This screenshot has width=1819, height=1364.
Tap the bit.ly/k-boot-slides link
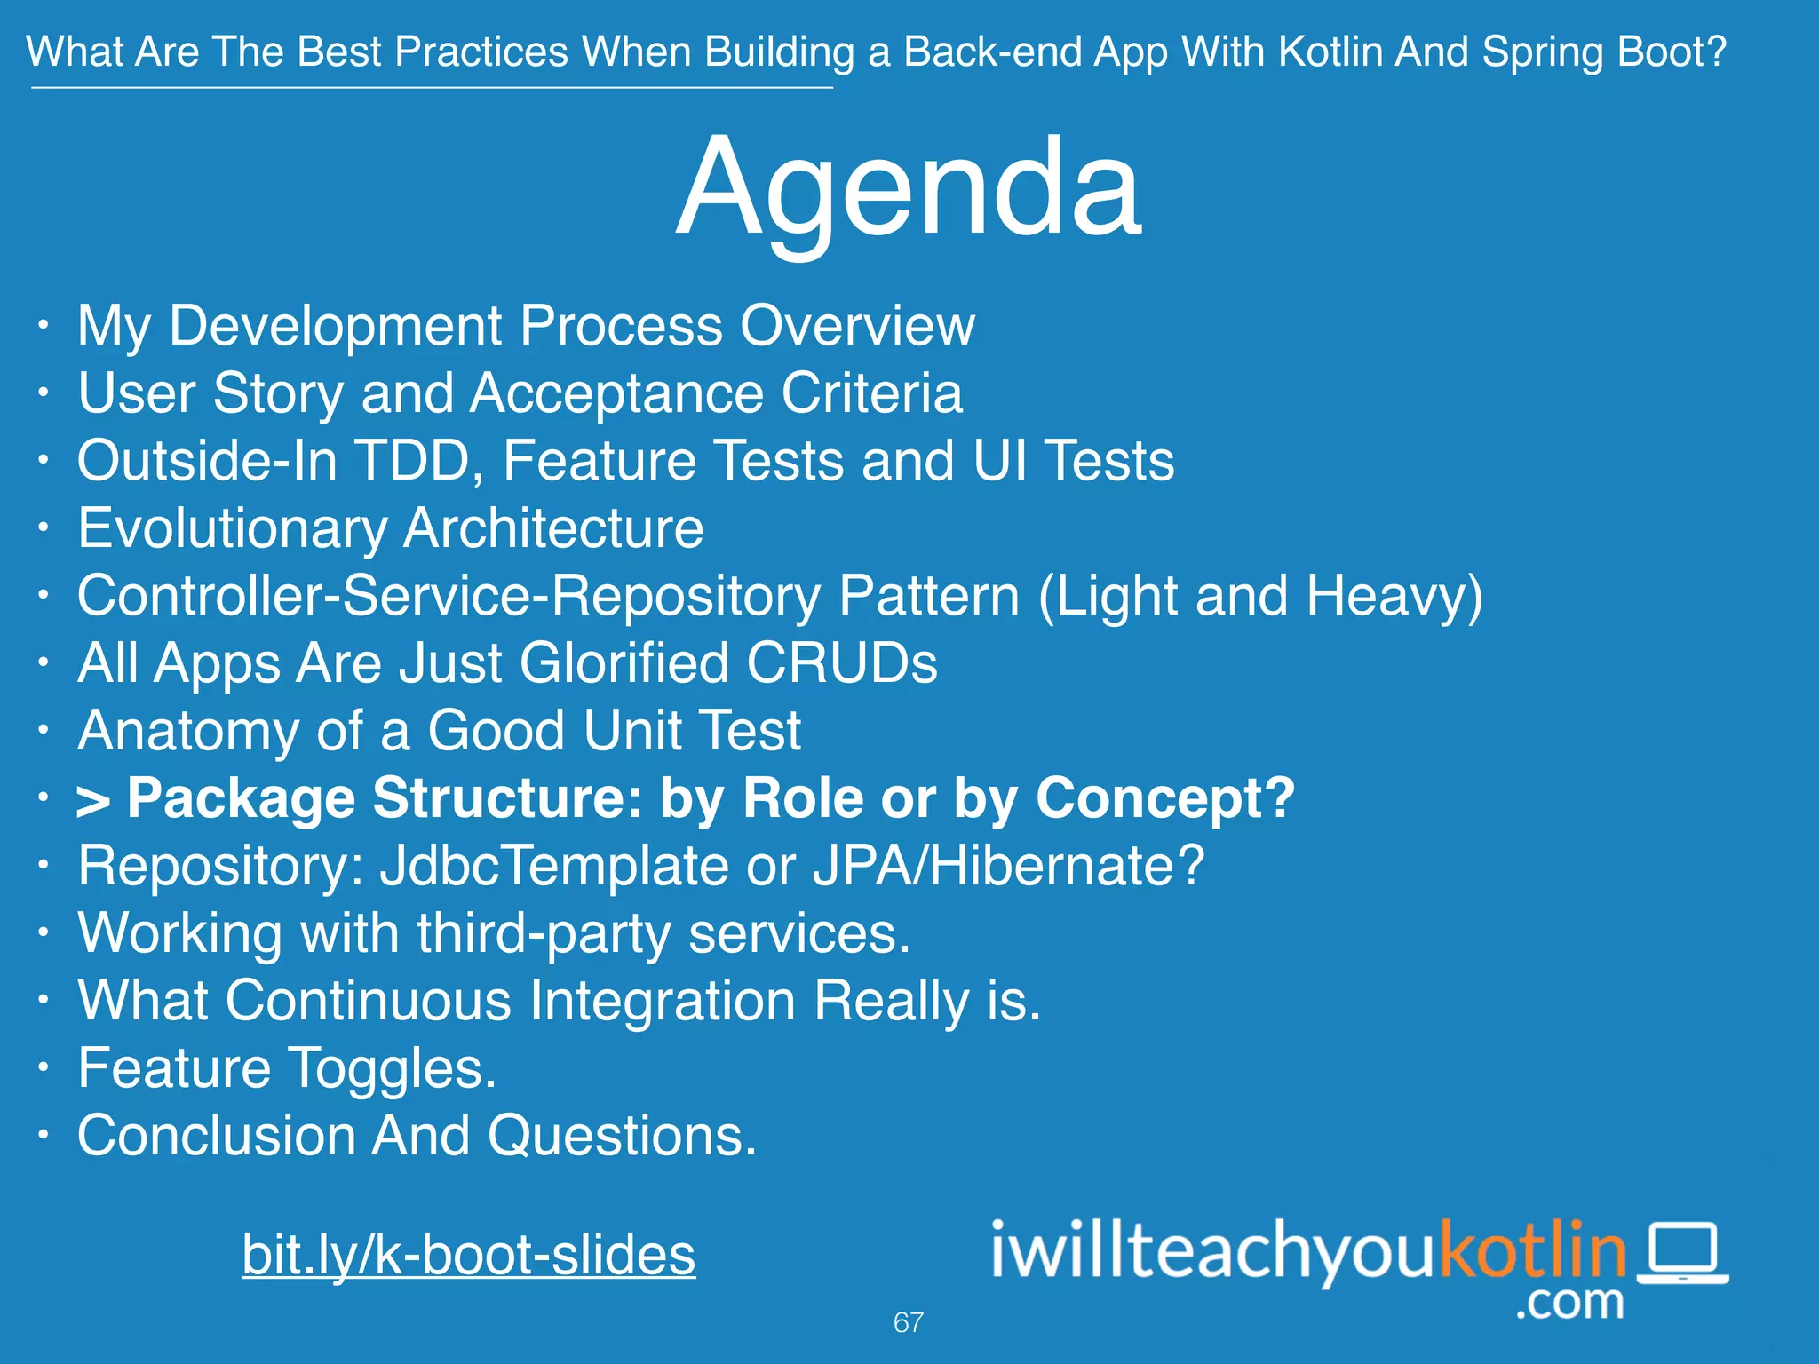(x=468, y=1255)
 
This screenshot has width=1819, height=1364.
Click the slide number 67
(x=908, y=1322)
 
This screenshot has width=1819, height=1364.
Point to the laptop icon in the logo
(x=1683, y=1253)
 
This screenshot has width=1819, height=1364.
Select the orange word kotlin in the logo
(x=1532, y=1249)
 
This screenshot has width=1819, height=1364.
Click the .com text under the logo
(x=1569, y=1303)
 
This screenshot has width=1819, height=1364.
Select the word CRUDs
(x=841, y=663)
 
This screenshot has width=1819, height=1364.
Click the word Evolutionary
(x=233, y=529)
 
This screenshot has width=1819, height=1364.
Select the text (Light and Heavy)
(x=1260, y=597)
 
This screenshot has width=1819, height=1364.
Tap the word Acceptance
(x=616, y=393)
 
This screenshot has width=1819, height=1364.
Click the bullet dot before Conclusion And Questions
(x=44, y=1135)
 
